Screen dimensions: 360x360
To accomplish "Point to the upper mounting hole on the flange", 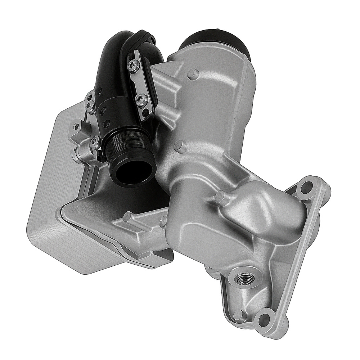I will [x=306, y=187].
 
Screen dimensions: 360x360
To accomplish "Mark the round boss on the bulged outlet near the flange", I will [x=220, y=197].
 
